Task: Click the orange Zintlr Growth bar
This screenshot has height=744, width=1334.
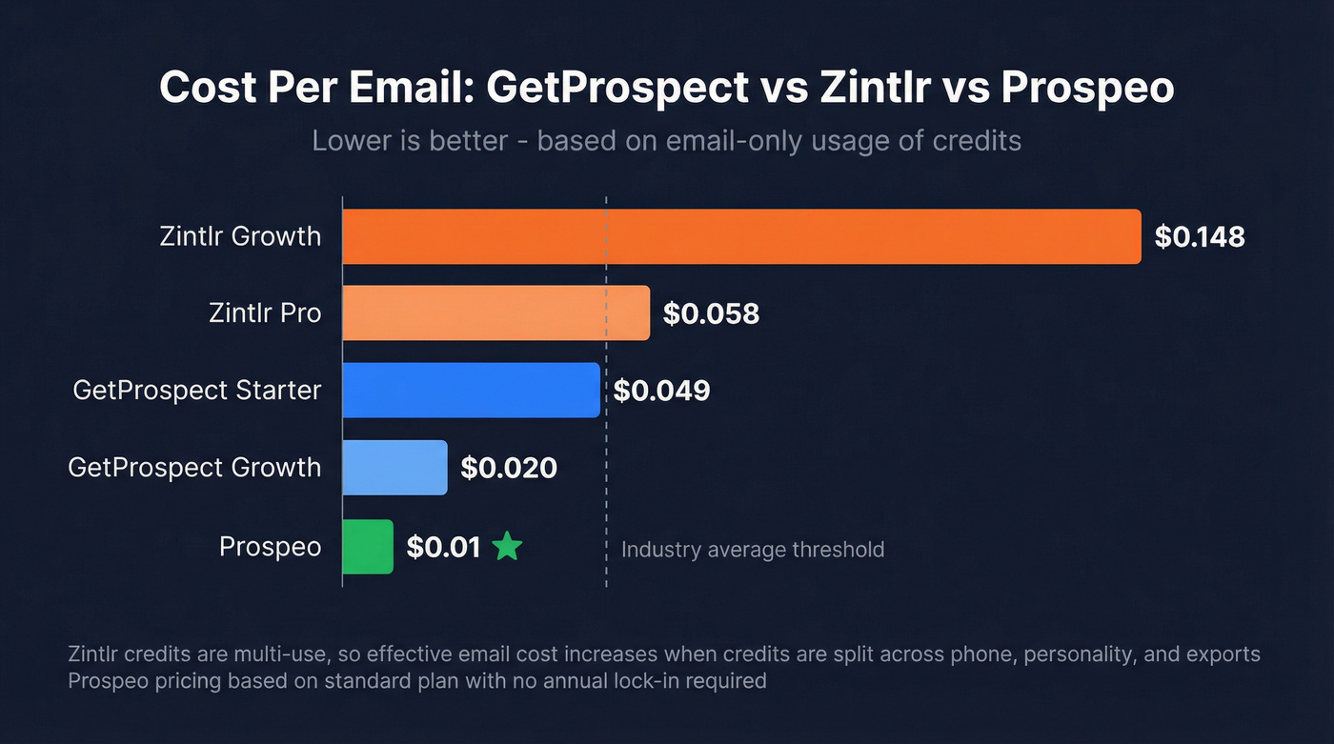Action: coord(741,236)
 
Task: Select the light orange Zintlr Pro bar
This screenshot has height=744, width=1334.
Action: coord(495,312)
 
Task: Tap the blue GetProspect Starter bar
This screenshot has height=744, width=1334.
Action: coord(471,390)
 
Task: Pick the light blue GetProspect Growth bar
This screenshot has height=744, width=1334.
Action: coord(394,468)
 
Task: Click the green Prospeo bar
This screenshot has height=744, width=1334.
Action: coord(368,547)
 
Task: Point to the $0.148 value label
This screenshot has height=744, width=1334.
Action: coord(1200,237)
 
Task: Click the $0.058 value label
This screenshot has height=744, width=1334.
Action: coord(711,313)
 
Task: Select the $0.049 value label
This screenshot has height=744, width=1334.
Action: coord(661,391)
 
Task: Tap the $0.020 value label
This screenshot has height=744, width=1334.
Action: coord(509,468)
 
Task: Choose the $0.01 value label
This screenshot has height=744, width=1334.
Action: coord(443,548)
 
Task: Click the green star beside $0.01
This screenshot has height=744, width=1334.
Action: coord(507,547)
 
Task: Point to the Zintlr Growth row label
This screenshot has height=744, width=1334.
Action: coord(240,236)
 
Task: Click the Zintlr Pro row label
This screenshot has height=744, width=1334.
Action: coord(265,312)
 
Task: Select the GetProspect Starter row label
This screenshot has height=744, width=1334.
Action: coord(197,390)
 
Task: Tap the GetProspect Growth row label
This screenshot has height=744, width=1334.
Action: coord(194,468)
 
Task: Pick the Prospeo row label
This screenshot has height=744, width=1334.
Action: coord(270,547)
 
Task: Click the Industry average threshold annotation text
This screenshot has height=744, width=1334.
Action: coord(753,550)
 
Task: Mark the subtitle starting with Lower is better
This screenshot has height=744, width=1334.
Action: coord(666,141)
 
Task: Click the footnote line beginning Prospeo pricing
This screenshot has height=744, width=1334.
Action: coord(416,681)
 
